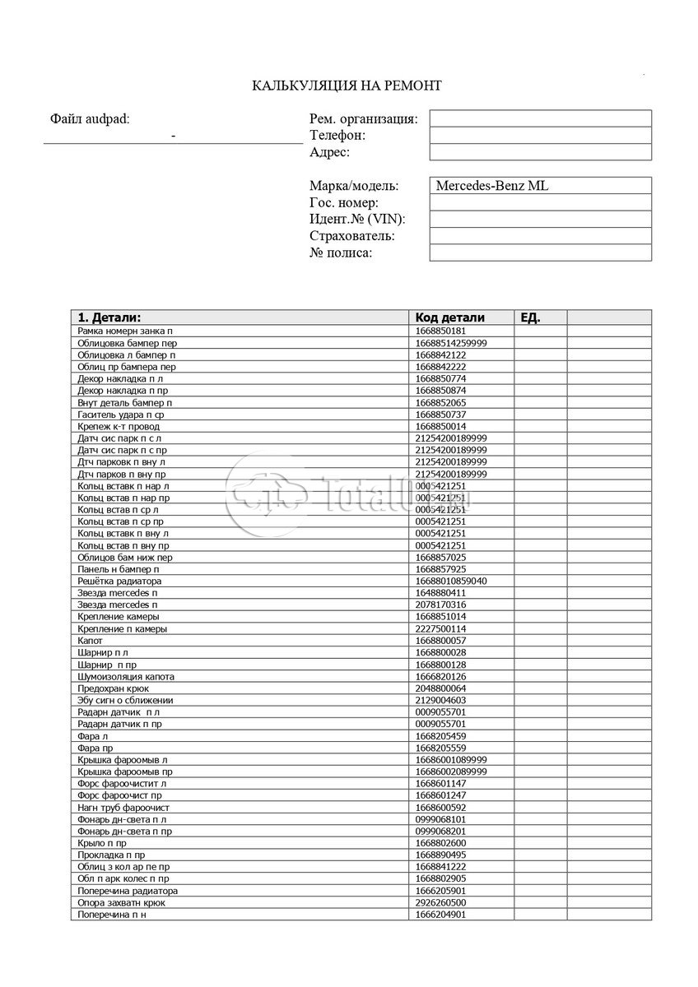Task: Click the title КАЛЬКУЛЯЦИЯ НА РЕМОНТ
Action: [347, 86]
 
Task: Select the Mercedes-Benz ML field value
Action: [491, 186]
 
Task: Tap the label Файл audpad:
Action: [90, 119]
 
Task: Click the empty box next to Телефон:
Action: [540, 135]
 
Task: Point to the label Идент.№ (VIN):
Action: [357, 219]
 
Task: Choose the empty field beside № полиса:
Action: [540, 253]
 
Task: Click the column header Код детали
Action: [449, 317]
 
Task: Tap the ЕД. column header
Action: [531, 317]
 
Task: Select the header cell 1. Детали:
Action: [109, 317]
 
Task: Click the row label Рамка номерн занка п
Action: [125, 331]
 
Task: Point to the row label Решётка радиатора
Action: [119, 581]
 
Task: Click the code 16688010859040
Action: [451, 581]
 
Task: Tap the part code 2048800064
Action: [440, 688]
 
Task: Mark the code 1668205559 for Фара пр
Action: [440, 748]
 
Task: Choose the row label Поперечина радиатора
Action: [128, 891]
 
